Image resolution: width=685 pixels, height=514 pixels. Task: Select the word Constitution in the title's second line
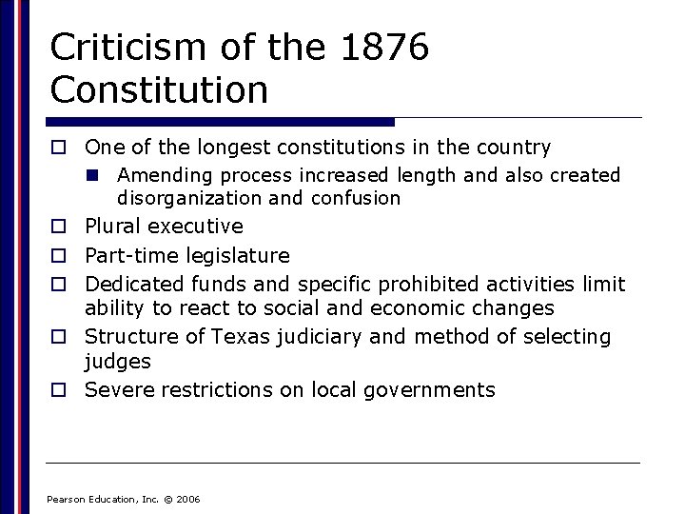pos(159,90)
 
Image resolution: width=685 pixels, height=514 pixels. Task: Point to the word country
pos(514,148)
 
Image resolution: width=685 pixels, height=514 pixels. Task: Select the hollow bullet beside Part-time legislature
pos(58,256)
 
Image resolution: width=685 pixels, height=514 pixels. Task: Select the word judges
pos(118,362)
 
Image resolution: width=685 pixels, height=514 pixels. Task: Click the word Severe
pos(120,389)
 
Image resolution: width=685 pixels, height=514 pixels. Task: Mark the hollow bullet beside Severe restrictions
pos(58,389)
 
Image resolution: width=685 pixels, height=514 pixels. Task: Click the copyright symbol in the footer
pos(168,499)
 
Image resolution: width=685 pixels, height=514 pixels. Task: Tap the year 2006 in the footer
pos(188,499)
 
